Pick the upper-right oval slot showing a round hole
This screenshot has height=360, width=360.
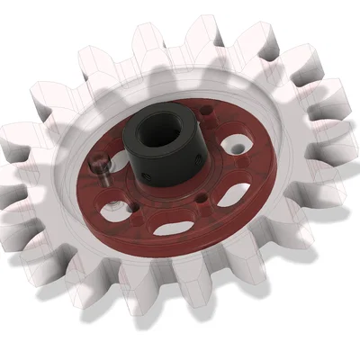coord(237,144)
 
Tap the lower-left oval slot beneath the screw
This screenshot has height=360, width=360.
coord(115,212)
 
